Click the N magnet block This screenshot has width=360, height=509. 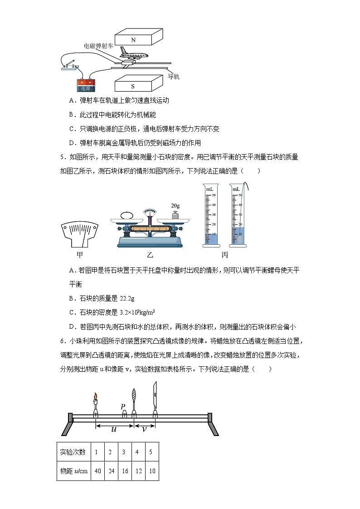[x=138, y=38]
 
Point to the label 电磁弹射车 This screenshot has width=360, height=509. [x=98, y=46]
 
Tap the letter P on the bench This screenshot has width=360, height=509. [x=123, y=407]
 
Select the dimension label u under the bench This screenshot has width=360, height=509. [x=114, y=428]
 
